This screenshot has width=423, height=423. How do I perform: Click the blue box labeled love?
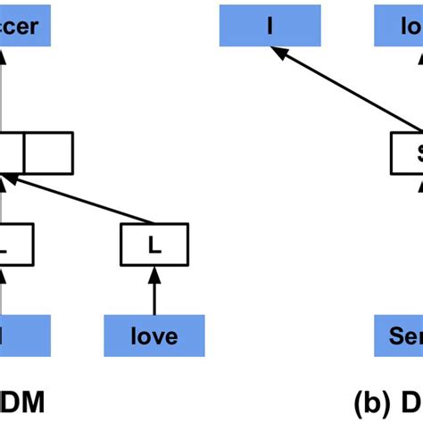153,336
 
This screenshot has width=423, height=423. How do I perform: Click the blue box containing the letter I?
270,26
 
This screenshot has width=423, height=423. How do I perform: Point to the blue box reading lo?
398,26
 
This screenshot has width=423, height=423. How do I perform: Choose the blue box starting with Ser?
398,336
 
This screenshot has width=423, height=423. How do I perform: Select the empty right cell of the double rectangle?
48,153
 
